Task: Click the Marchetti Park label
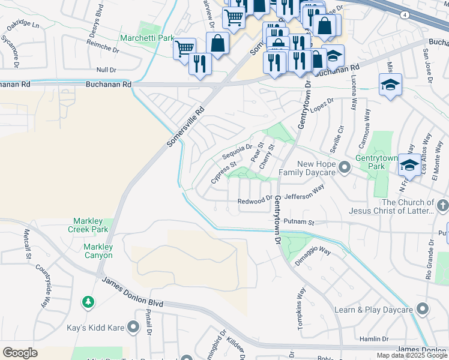[146, 38]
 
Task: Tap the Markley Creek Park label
[90, 225]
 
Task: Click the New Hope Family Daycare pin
[344, 167]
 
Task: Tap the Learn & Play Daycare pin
[422, 309]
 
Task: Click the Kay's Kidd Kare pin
[133, 327]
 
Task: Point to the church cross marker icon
[442, 206]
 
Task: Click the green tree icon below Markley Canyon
[88, 301]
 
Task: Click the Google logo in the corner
[20, 352]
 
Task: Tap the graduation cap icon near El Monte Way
[409, 164]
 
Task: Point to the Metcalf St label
[27, 245]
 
